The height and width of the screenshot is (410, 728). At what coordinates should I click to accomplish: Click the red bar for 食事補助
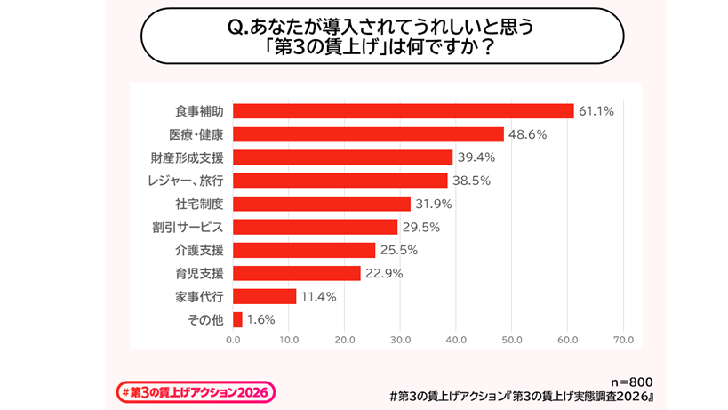click(403, 111)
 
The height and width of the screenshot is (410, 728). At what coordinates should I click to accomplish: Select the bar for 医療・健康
click(368, 134)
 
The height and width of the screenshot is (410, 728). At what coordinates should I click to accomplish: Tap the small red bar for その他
click(237, 319)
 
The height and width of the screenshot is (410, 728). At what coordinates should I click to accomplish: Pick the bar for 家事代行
click(265, 296)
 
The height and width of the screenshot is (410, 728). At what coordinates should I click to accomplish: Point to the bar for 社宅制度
click(322, 204)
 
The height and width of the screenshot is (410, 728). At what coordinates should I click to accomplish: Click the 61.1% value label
click(596, 111)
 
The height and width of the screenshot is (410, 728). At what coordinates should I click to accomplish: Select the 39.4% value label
click(476, 157)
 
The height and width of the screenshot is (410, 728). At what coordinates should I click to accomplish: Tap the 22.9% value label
click(384, 273)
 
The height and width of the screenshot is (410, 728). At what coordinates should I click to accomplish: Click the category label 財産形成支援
click(187, 157)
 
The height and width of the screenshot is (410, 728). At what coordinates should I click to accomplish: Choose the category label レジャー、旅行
click(185, 181)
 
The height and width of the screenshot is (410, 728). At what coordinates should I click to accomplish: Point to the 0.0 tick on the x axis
click(233, 340)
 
